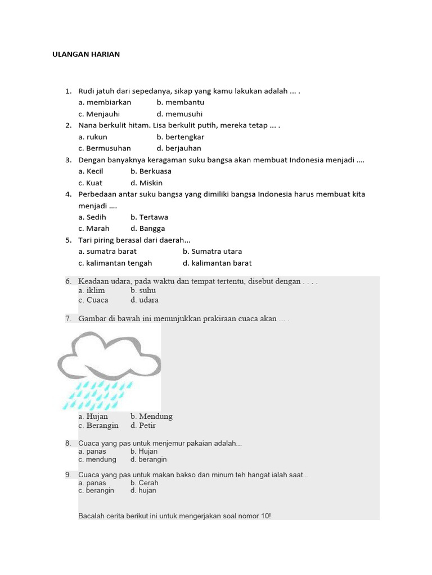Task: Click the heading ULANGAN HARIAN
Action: tap(86, 54)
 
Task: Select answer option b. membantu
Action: tap(180, 103)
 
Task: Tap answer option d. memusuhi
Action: tap(179, 114)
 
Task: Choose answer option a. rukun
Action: tap(93, 137)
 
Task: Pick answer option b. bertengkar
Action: tap(180, 137)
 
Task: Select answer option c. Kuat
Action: tap(91, 183)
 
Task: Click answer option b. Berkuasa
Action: tap(151, 171)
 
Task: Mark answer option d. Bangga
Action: tap(147, 229)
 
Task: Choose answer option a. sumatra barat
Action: tap(107, 252)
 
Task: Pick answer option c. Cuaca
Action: tap(93, 300)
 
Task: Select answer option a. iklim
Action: tap(92, 291)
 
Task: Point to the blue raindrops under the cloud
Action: tap(98, 395)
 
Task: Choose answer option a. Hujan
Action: tap(93, 417)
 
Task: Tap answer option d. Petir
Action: tap(143, 426)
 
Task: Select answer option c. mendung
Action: tap(97, 459)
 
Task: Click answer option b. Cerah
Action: tap(144, 483)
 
